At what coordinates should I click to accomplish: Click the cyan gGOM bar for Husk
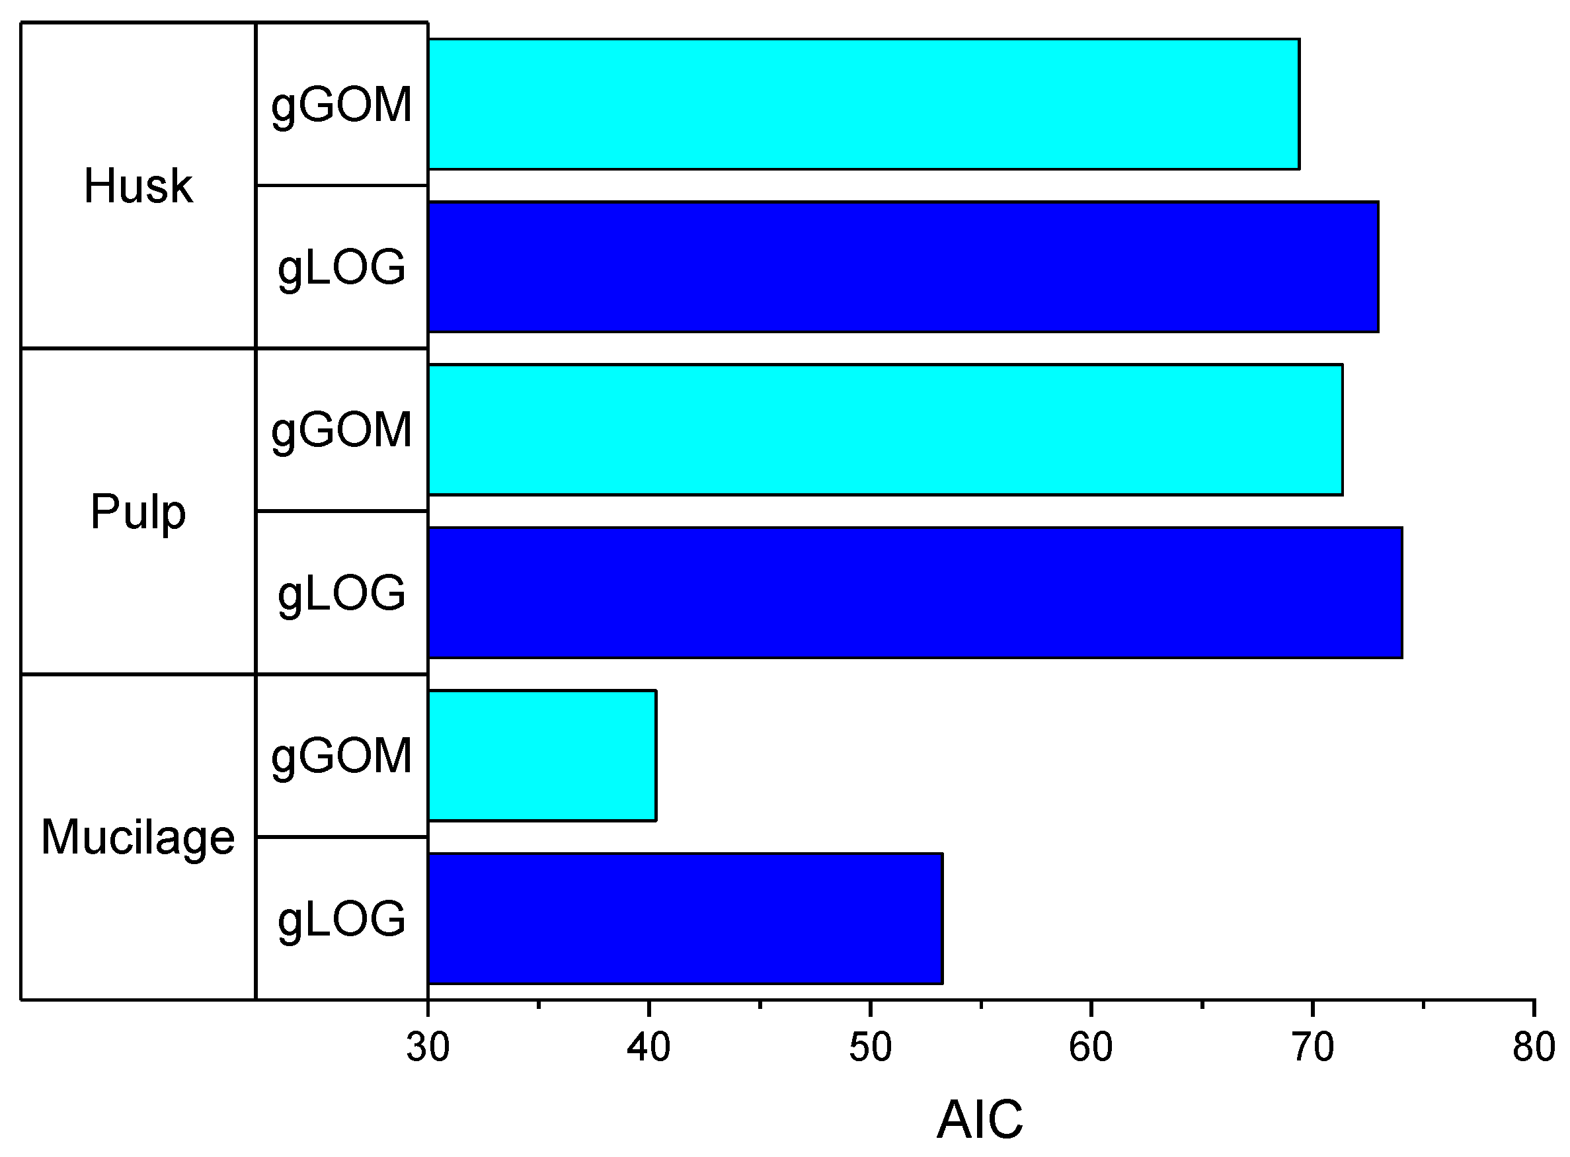coord(863,104)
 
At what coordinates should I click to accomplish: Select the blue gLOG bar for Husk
coord(902,267)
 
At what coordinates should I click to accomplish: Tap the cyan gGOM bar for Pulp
coord(884,429)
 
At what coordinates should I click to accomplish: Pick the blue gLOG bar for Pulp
coord(914,592)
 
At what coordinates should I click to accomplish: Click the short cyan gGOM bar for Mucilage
coord(541,755)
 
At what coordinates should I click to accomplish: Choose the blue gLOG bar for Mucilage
coord(685,918)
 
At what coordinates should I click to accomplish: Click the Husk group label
coord(138,186)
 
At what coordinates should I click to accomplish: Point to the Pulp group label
coord(138,512)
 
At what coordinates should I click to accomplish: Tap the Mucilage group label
coord(138,838)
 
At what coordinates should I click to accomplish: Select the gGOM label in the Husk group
coord(342,106)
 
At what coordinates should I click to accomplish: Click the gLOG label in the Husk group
coord(342,268)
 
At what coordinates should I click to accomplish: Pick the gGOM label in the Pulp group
coord(342,430)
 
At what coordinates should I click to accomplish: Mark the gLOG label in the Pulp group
coord(342,594)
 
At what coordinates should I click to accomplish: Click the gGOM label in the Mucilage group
coord(342,756)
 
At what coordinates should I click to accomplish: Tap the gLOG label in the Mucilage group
coord(342,920)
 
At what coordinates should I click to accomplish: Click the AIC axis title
coord(980,1119)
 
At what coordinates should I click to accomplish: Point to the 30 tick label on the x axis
coord(428,1047)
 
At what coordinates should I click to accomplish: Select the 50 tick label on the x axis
coord(871,1047)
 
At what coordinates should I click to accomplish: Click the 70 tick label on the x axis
coord(1313,1047)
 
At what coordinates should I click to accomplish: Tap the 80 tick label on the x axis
coord(1534,1047)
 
